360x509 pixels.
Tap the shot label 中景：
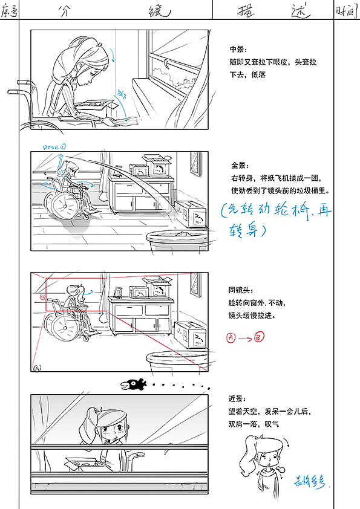coord(238,49)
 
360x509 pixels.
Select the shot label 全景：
coord(240,165)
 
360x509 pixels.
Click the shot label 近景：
coord(237,399)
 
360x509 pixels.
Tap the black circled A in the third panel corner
coord(38,368)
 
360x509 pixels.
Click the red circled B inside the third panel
coord(42,297)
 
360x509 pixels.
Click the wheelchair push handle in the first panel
coord(13,92)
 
